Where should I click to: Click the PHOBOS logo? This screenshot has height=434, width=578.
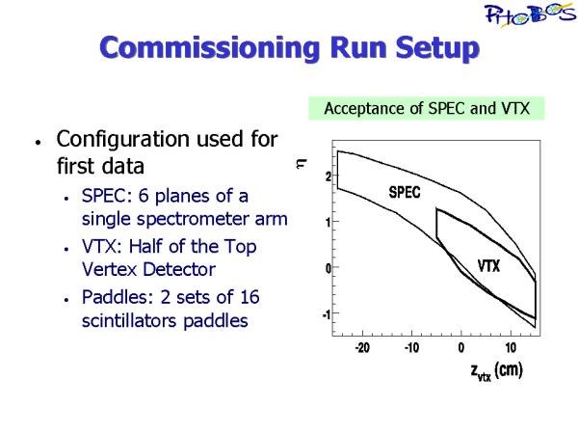[x=531, y=14]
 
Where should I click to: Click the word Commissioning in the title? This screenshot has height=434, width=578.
[x=210, y=47]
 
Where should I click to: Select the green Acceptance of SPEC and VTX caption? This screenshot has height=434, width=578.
[x=427, y=108]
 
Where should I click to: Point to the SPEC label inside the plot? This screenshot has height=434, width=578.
[x=405, y=192]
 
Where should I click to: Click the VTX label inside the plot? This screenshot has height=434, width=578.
[x=488, y=266]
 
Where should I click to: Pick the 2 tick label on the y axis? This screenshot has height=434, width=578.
[x=328, y=176]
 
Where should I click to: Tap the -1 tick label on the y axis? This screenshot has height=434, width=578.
[x=327, y=314]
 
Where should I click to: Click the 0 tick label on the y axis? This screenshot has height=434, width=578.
[x=328, y=268]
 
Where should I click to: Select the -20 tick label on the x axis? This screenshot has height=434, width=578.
[x=362, y=347]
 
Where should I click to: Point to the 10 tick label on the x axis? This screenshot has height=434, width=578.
[x=511, y=347]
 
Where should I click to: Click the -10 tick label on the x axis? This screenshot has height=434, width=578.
[x=411, y=347]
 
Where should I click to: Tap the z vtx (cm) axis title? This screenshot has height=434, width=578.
[x=497, y=371]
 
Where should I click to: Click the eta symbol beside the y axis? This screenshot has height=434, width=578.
[x=302, y=163]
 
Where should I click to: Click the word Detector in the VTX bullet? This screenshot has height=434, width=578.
[x=179, y=269]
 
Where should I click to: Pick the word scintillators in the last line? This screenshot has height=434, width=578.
[x=130, y=320]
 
